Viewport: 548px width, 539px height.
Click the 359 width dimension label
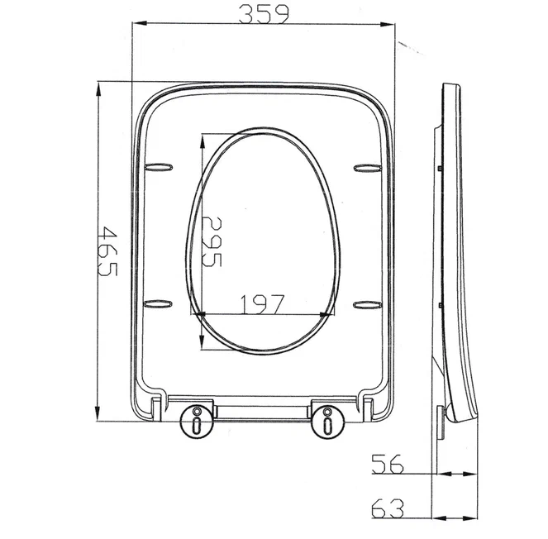tap(264, 14)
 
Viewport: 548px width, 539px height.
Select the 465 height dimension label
tap(108, 251)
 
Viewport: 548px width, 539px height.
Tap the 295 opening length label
tap(212, 241)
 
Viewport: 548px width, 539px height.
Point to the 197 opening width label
tap(263, 304)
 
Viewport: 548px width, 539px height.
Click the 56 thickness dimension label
tap(387, 464)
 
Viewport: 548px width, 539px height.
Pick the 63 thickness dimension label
tap(387, 508)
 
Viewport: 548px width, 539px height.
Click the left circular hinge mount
tap(197, 422)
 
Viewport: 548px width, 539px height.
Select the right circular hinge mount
tap(327, 422)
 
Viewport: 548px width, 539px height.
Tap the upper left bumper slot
tap(159, 167)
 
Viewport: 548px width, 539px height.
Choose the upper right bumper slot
tap(367, 168)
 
